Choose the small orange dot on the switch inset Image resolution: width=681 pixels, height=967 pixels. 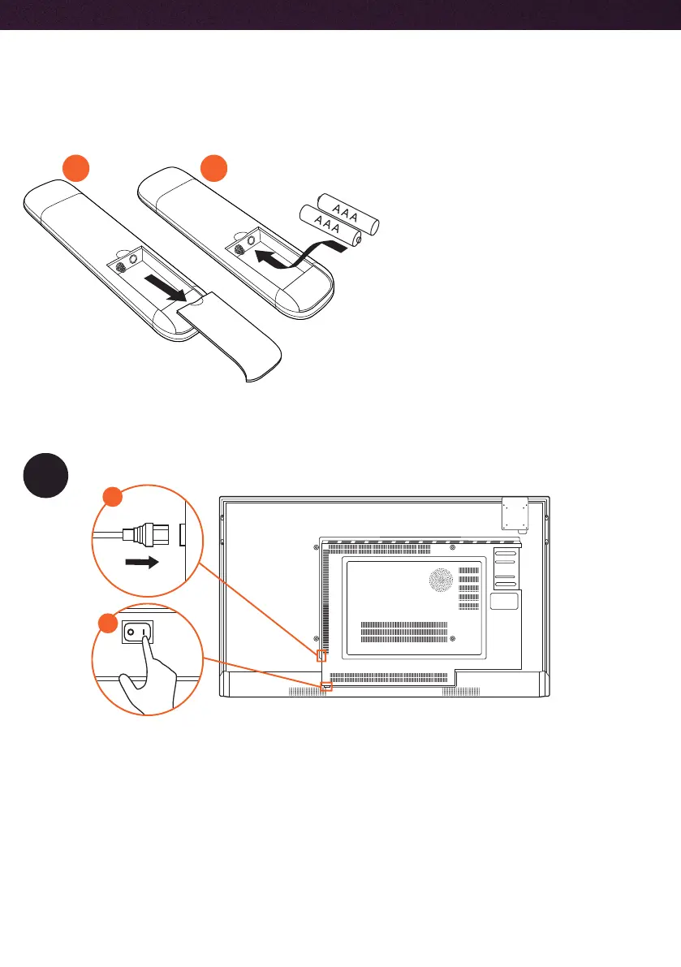105,623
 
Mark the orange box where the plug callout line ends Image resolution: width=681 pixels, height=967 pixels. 321,655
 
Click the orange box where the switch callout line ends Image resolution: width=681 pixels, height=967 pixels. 326,687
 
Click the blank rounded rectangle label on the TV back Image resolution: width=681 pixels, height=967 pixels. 504,602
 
